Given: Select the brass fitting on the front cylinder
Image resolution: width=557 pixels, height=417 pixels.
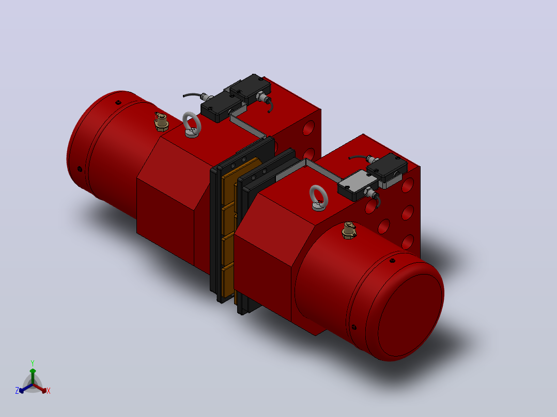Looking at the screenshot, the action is pyautogui.click(x=349, y=231).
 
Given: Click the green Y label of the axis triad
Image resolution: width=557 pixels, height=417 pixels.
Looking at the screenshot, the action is pyautogui.click(x=33, y=363).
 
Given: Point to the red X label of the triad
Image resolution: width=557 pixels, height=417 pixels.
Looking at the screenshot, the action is pyautogui.click(x=49, y=391).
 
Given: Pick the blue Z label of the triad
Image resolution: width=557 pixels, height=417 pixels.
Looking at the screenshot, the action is pyautogui.click(x=17, y=391).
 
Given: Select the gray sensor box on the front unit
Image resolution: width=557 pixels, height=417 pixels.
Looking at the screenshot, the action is pyautogui.click(x=357, y=185).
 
